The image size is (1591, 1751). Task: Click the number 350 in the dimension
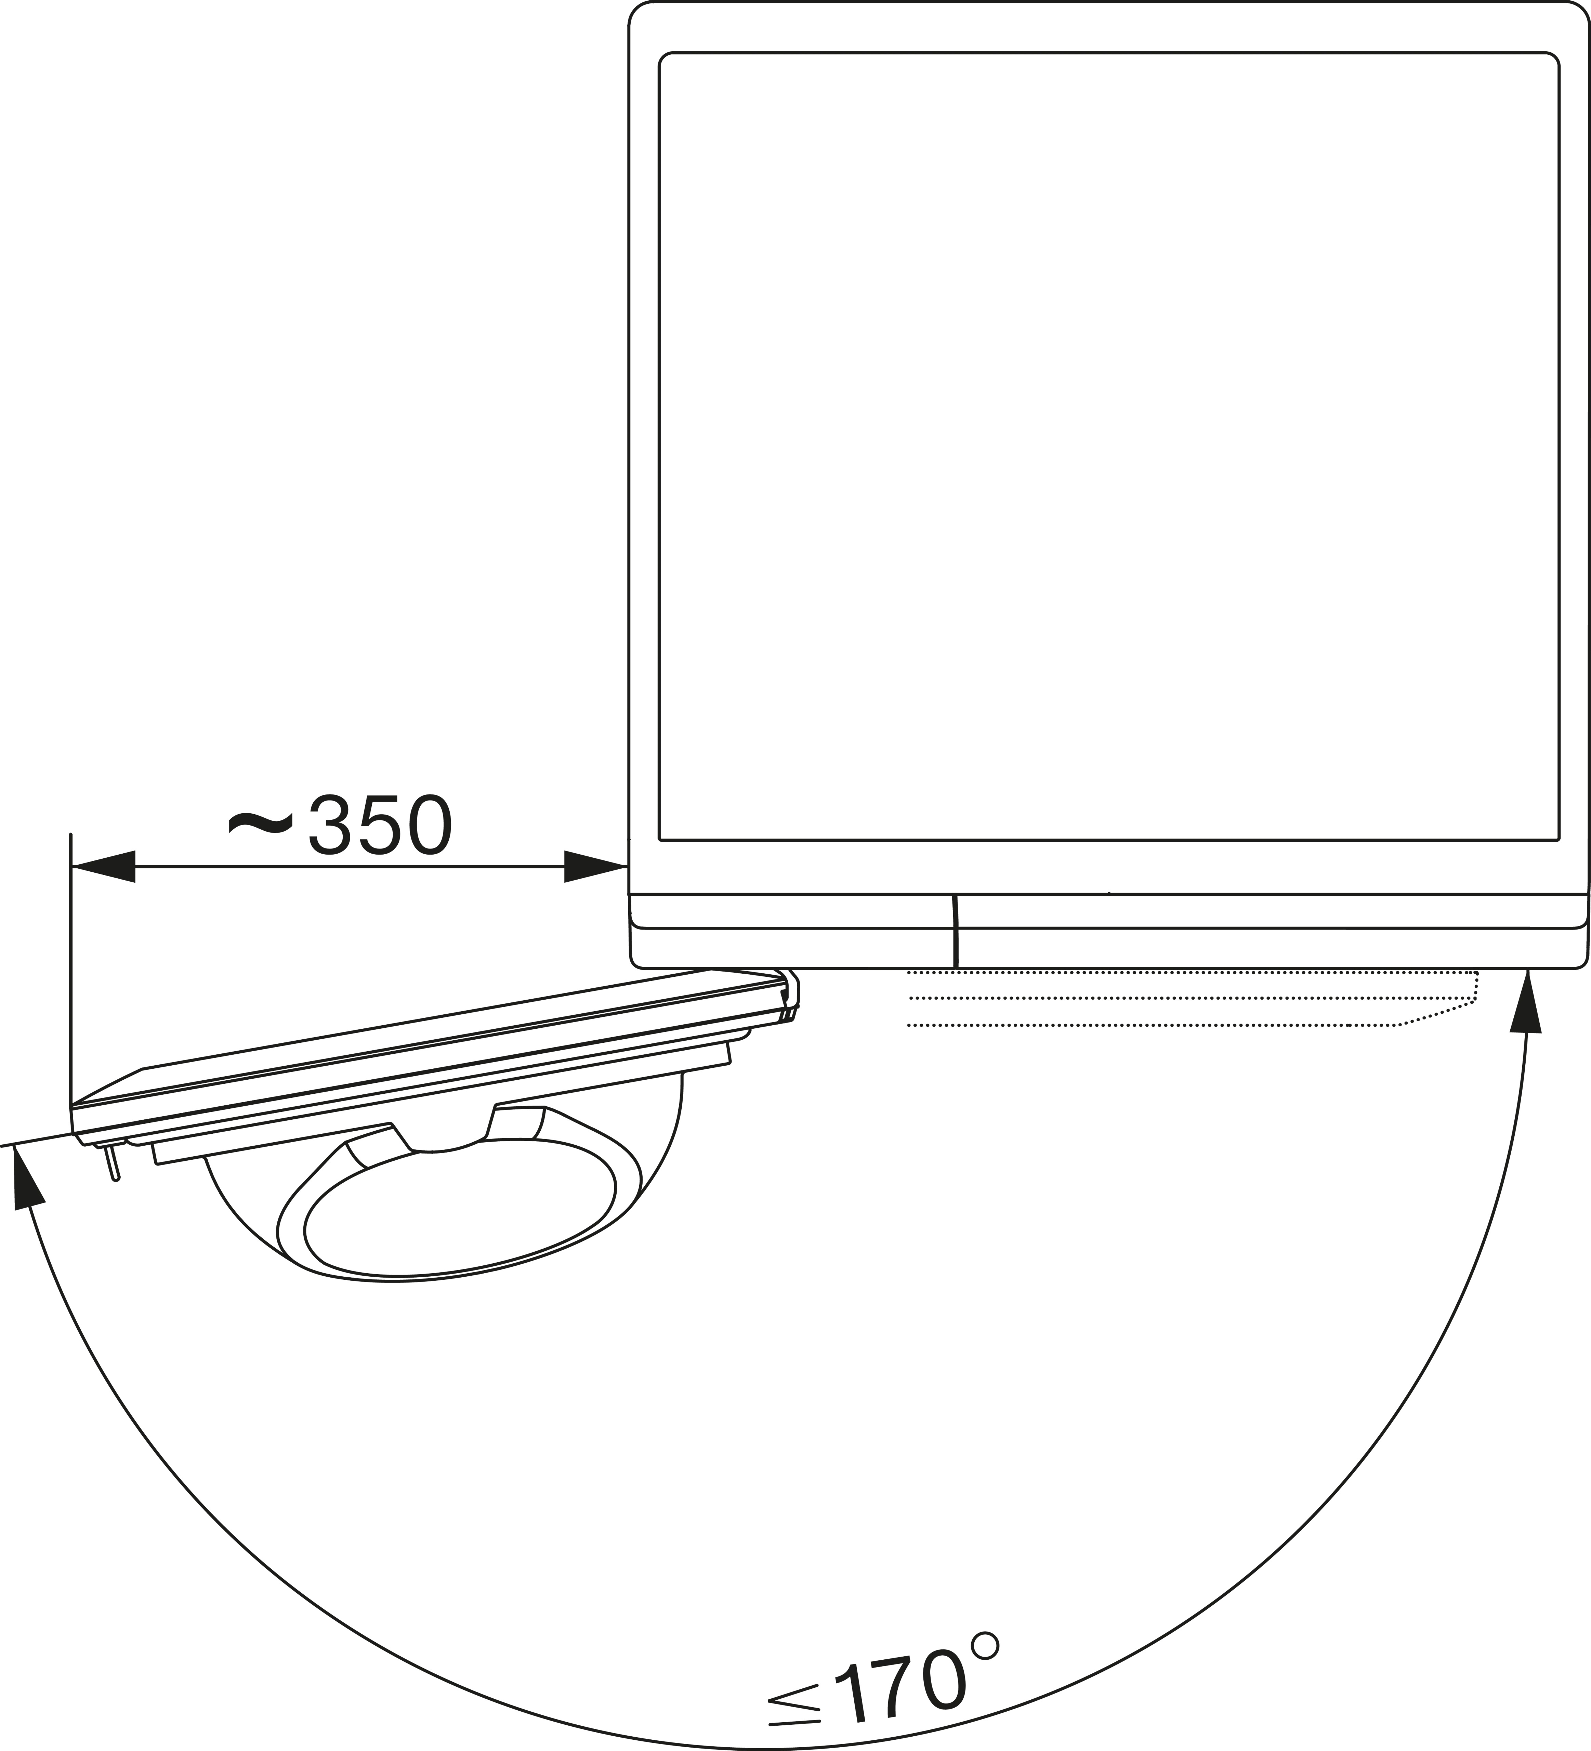pos(380,825)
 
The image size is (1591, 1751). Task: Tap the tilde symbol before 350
pos(261,821)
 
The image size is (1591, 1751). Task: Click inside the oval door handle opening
pos(460,1212)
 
